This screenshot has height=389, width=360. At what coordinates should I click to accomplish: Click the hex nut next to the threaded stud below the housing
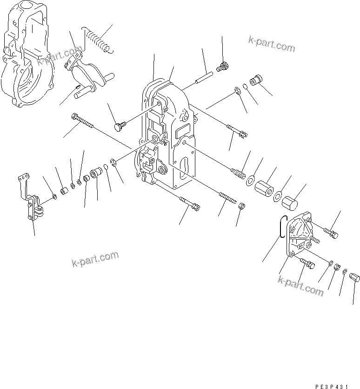tap(242, 206)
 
